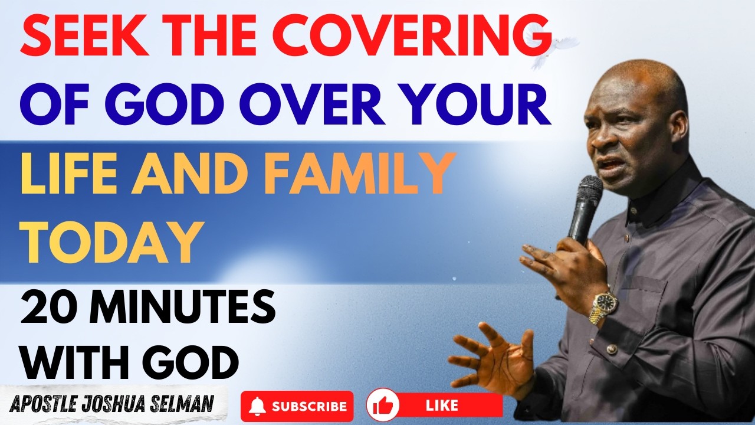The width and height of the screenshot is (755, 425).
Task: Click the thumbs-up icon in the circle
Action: pos(383,405)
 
